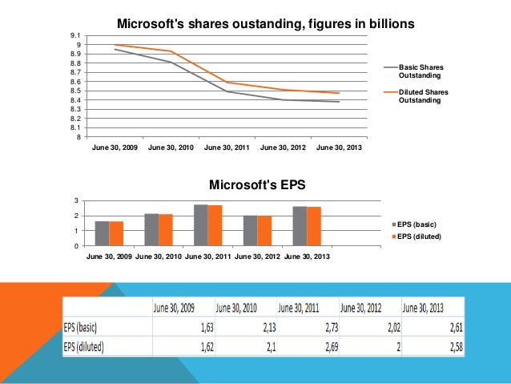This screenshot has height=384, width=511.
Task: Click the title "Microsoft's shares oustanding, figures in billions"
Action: pos(266,25)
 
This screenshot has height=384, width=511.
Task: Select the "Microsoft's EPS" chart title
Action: pos(257,185)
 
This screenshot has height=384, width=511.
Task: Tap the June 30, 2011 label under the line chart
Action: pos(227,148)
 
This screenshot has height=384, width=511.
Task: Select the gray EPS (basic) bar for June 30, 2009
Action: pos(102,233)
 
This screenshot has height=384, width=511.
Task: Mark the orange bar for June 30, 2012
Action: pos(264,231)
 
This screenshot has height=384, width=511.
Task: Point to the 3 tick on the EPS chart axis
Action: pos(77,200)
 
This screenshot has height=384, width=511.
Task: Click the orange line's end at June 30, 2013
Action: pos(339,93)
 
